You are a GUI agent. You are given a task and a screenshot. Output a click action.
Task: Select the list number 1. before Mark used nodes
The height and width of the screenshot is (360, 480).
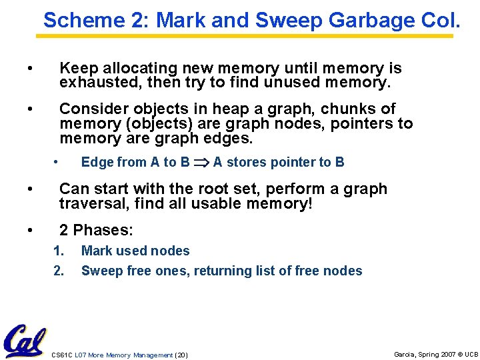coord(58,251)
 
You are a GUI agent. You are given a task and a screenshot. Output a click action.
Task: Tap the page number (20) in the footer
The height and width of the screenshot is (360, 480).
coord(181,355)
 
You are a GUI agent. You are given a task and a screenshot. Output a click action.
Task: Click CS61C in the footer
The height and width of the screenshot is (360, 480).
coord(63,355)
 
